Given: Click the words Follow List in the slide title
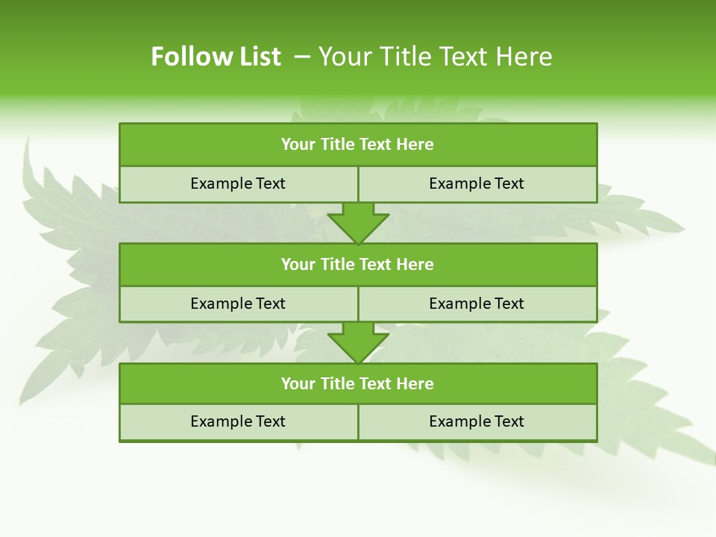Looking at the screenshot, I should [216, 57].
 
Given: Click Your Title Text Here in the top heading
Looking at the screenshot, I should [435, 57].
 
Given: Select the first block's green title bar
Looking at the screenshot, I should [358, 145].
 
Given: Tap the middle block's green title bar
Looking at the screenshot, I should [358, 264].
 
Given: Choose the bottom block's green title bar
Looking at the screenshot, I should [358, 383].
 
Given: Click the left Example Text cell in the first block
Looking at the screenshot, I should [238, 183].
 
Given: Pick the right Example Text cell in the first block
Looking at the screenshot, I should [477, 183].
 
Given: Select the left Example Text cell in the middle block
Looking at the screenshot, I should [238, 304].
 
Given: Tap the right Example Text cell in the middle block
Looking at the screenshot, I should [477, 304].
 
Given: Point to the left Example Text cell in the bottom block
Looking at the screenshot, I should [238, 421].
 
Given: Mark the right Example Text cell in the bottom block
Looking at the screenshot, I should [477, 421].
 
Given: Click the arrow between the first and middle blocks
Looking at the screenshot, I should [358, 222].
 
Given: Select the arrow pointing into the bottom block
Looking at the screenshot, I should [358, 342].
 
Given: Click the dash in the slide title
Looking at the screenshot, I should [302, 57].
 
